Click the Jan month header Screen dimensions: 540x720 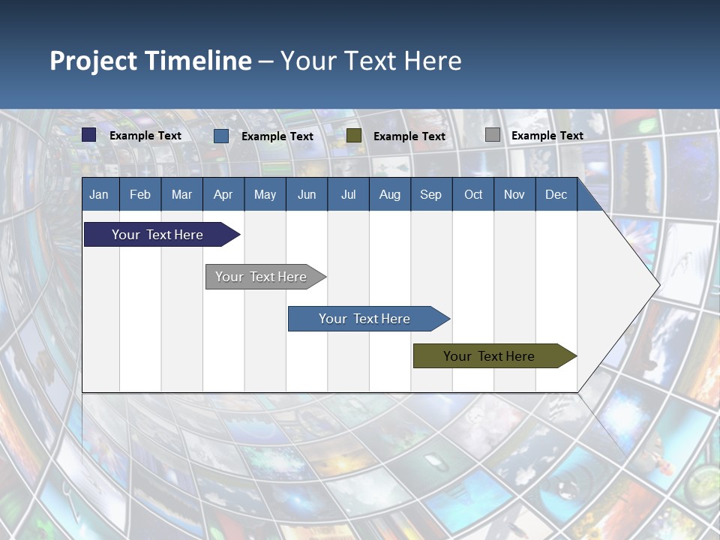pyautogui.click(x=99, y=194)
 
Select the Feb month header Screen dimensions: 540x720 pyautogui.click(x=140, y=194)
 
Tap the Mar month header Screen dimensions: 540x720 pyautogui.click(x=181, y=194)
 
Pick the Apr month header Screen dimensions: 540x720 pyautogui.click(x=223, y=194)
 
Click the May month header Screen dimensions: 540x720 pyautogui.click(x=265, y=194)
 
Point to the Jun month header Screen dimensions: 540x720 pyautogui.click(x=307, y=194)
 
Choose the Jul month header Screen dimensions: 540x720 pyautogui.click(x=348, y=194)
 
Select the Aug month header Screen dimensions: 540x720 pyautogui.click(x=390, y=194)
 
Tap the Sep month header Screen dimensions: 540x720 pyautogui.click(x=431, y=194)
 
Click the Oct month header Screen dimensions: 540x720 pyautogui.click(x=473, y=194)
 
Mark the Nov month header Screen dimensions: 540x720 pyautogui.click(x=514, y=194)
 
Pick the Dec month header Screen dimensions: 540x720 pyautogui.click(x=556, y=194)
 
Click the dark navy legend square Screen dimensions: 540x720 pyautogui.click(x=89, y=135)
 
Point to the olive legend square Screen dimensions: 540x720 pyautogui.click(x=354, y=135)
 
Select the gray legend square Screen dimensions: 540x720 pyautogui.click(x=493, y=135)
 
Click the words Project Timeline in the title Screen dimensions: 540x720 pyautogui.click(x=151, y=61)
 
